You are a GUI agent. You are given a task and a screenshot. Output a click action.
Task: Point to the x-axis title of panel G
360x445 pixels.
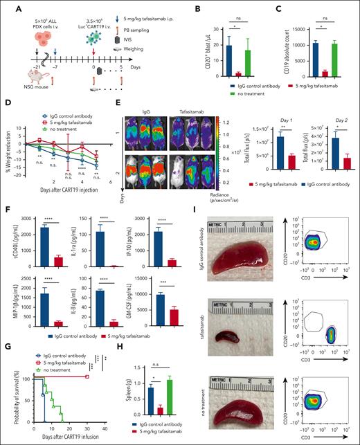(x=53, y=440)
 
